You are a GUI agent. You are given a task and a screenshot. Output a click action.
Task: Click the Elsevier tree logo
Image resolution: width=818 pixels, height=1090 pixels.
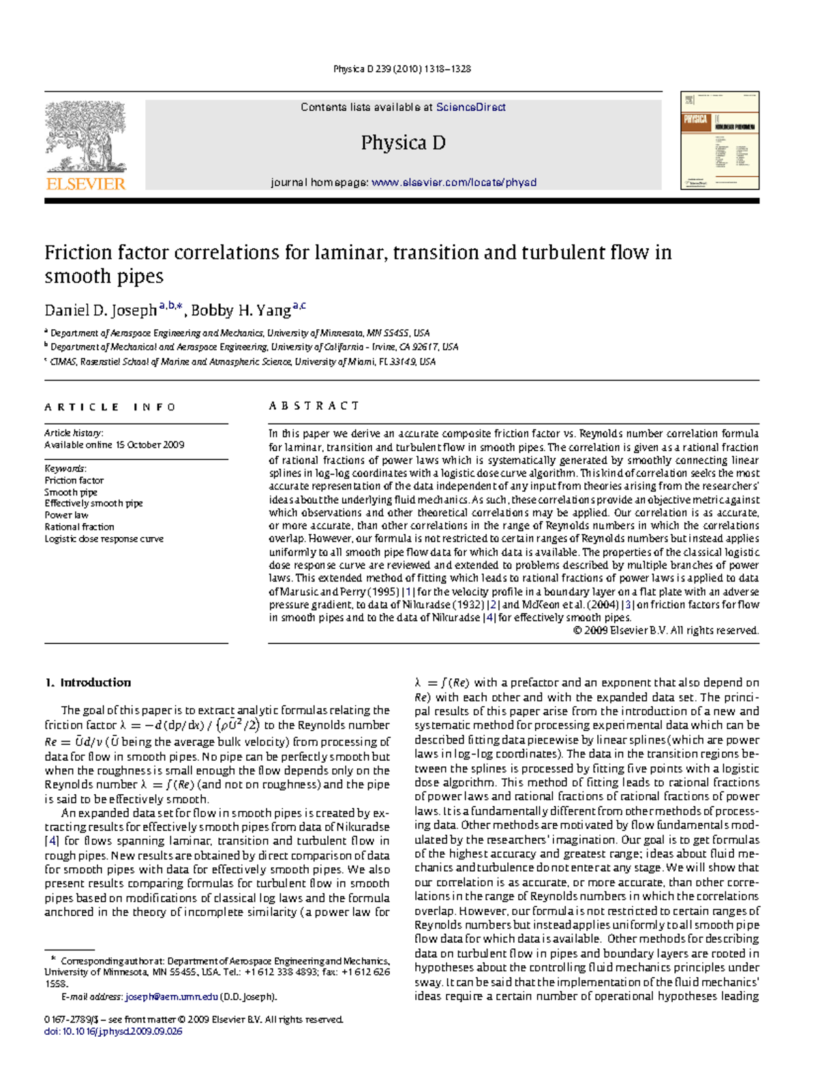85,136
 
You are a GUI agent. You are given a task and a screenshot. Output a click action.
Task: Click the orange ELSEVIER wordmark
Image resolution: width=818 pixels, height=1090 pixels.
86,183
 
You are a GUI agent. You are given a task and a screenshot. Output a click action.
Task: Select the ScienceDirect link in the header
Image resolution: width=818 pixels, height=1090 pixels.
470,107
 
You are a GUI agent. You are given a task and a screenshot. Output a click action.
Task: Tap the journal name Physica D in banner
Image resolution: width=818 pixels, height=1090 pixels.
403,143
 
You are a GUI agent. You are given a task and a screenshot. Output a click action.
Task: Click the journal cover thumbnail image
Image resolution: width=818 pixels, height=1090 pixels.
719,140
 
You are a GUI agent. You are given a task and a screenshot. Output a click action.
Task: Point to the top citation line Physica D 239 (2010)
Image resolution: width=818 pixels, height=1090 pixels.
402,69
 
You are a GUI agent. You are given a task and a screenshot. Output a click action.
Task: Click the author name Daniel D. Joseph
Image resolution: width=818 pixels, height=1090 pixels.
100,311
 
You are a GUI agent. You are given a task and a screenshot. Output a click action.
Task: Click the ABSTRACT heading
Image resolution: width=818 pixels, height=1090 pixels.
314,406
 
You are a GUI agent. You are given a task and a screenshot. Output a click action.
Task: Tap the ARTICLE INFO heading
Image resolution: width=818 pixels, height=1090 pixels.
110,407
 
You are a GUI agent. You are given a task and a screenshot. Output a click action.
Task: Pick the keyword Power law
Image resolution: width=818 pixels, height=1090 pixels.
66,515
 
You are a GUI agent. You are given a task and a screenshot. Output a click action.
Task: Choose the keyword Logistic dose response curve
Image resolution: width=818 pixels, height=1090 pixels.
104,539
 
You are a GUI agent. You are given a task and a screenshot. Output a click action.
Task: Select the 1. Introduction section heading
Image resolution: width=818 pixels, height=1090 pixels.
88,682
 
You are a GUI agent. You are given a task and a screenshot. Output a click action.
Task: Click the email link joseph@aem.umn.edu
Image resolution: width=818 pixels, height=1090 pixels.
171,997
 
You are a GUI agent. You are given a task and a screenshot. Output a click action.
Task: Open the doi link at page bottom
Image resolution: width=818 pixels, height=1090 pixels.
113,1031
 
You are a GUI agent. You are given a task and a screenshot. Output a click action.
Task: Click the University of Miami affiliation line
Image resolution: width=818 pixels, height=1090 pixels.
242,361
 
